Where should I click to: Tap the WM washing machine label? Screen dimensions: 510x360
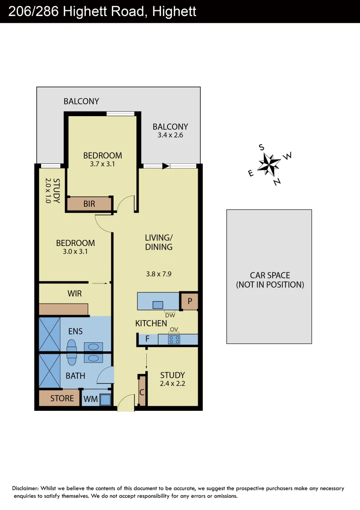pyautogui.click(x=90, y=399)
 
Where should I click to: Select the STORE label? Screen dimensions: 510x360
pyautogui.click(x=62, y=398)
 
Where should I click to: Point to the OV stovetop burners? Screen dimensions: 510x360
pyautogui.click(x=174, y=339)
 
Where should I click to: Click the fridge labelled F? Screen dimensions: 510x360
pyautogui.click(x=148, y=339)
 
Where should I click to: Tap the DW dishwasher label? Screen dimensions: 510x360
pyautogui.click(x=170, y=314)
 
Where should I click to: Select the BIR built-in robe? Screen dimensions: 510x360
pyautogui.click(x=89, y=204)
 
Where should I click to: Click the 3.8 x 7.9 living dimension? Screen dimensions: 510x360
pyautogui.click(x=158, y=273)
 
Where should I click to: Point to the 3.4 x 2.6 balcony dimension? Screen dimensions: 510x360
pyautogui.click(x=170, y=135)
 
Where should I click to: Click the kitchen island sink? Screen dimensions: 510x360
pyautogui.click(x=158, y=304)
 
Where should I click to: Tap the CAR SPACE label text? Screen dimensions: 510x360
pyautogui.click(x=270, y=275)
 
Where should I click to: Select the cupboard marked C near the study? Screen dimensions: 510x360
pyautogui.click(x=142, y=391)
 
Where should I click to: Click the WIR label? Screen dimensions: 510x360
pyautogui.click(x=75, y=293)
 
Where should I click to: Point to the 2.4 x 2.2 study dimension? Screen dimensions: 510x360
pyautogui.click(x=173, y=384)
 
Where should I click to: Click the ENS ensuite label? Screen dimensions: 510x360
pyautogui.click(x=75, y=331)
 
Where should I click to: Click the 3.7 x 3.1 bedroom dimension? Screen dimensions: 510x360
pyautogui.click(x=102, y=164)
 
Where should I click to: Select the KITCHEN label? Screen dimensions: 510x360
pyautogui.click(x=151, y=323)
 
